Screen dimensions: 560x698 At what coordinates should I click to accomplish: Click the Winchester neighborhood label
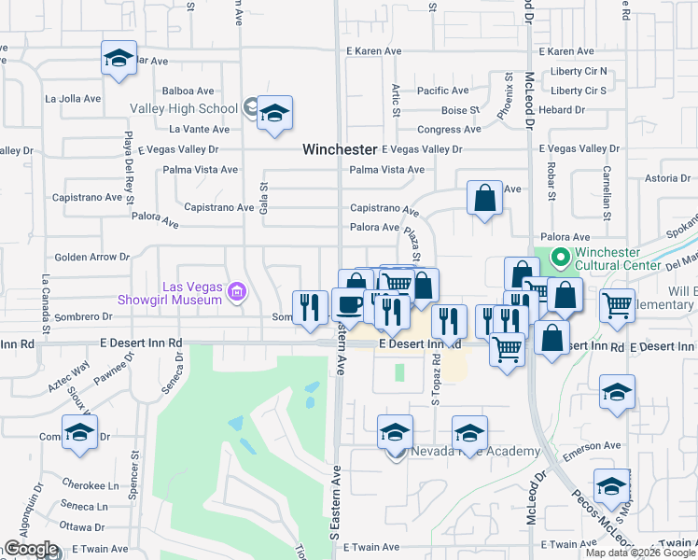point(340,149)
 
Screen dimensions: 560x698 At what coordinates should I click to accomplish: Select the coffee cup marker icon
point(349,304)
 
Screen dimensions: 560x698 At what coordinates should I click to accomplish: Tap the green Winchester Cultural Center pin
point(559,257)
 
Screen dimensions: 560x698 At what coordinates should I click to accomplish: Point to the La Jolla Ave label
point(72,98)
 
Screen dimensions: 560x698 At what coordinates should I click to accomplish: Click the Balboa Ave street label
point(188,91)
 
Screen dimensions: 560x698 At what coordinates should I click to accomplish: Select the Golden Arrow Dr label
point(92,257)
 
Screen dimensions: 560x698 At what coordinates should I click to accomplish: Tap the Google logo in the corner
point(31,549)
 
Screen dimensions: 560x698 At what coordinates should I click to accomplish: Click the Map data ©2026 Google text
point(639,553)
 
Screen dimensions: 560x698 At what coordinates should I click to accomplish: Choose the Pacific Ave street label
point(442,91)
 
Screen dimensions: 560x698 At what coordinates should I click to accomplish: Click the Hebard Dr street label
point(567,110)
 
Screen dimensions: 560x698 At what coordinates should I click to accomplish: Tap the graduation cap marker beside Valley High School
point(274,115)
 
